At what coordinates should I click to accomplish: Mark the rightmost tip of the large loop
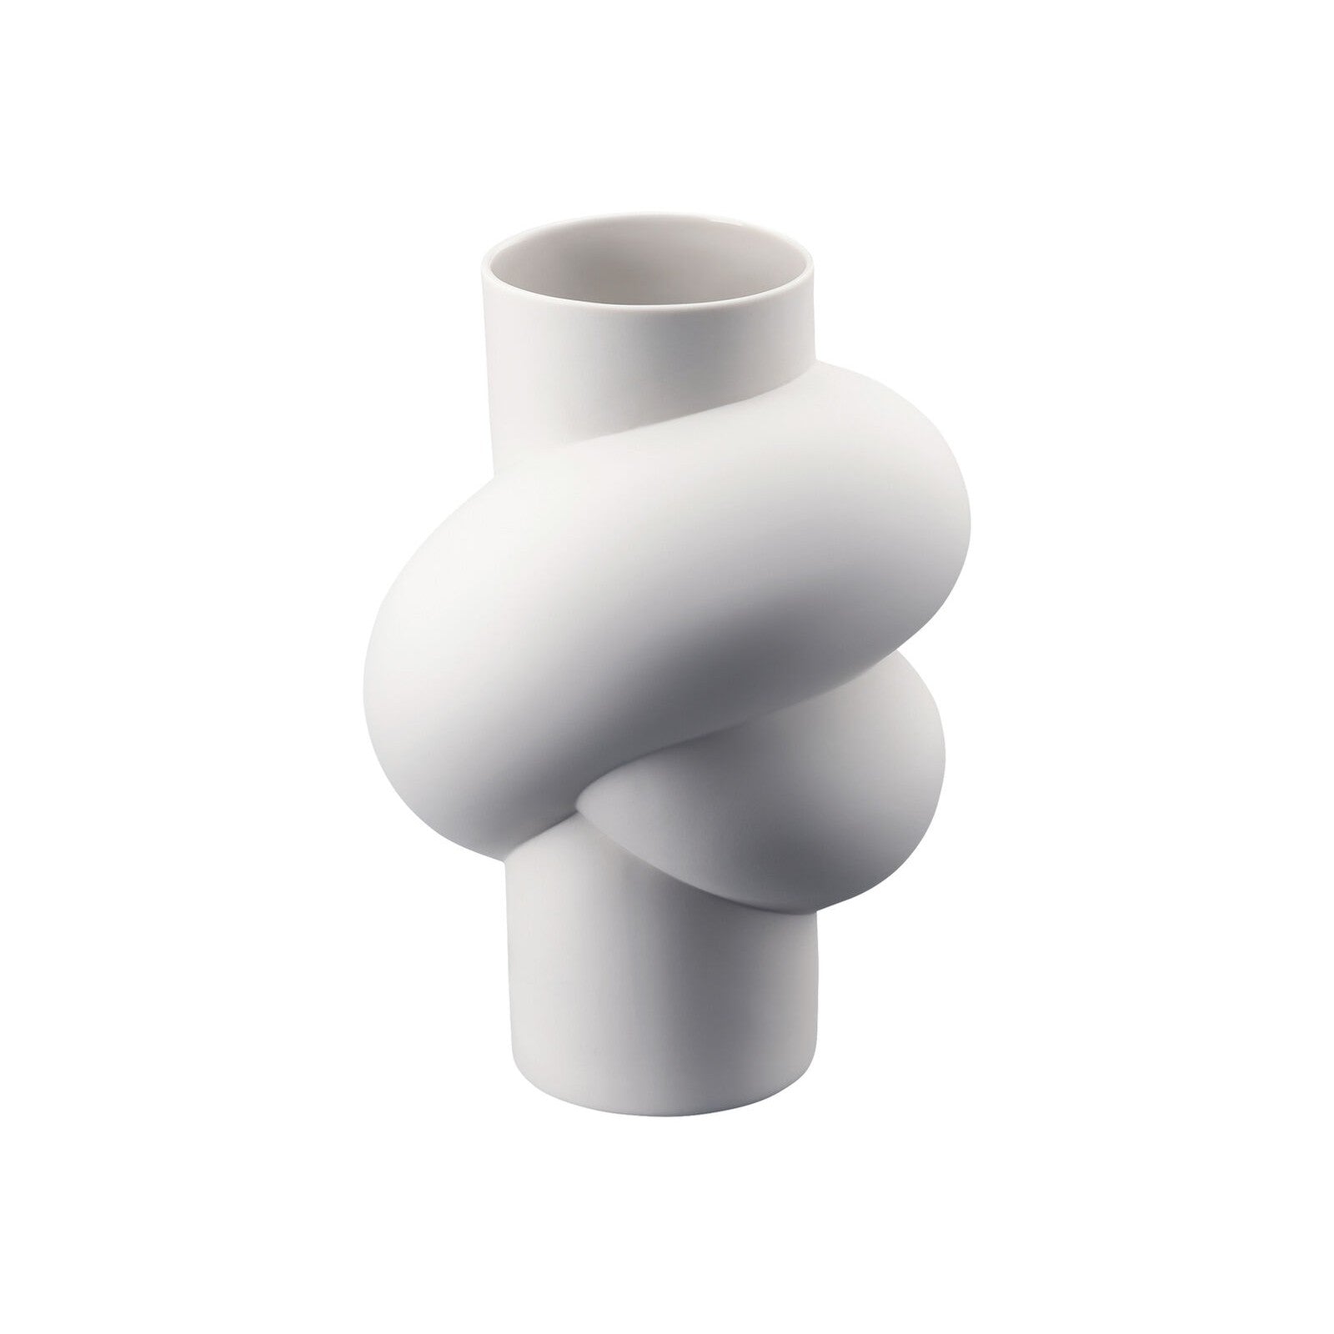point(967,517)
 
